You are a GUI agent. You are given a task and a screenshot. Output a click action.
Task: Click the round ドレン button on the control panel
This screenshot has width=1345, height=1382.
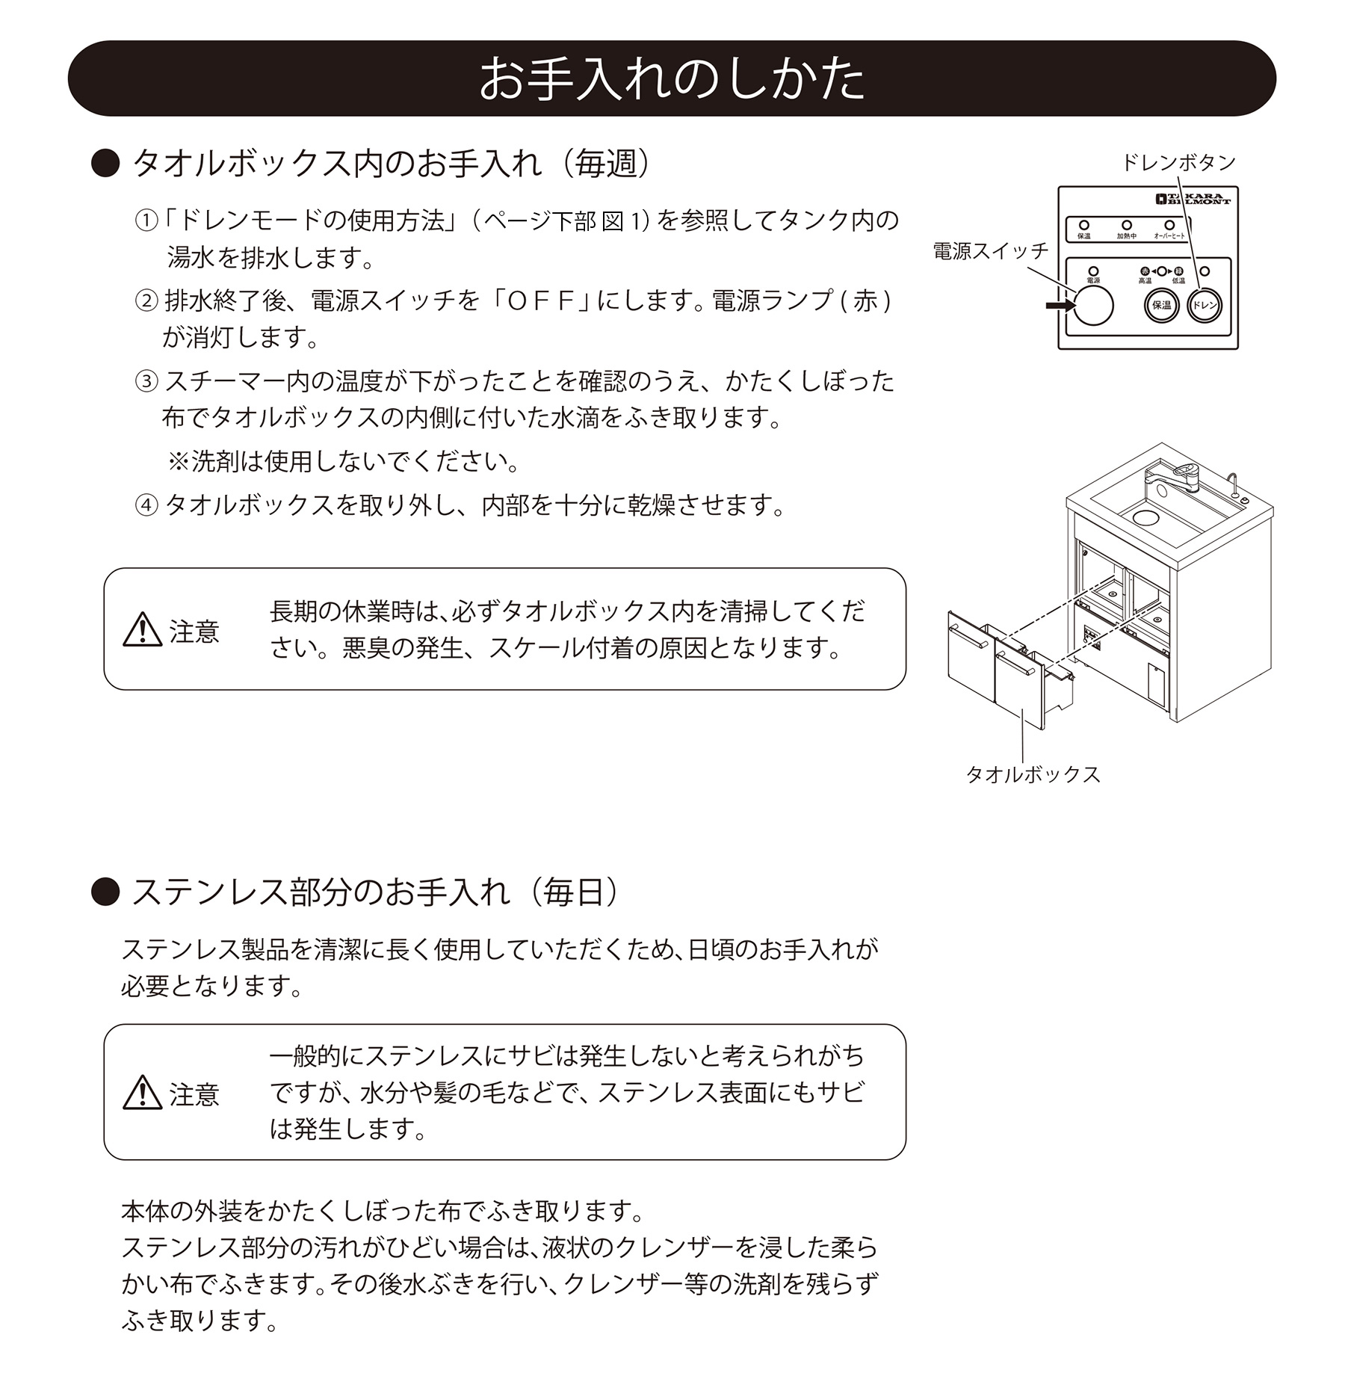pos(1204,305)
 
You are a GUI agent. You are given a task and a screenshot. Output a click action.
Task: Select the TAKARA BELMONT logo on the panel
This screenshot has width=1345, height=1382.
pos(1192,200)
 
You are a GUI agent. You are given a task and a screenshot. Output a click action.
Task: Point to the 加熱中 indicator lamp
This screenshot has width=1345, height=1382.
pos(1127,225)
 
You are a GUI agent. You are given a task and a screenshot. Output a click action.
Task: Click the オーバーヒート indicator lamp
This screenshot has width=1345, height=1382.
pos(1169,225)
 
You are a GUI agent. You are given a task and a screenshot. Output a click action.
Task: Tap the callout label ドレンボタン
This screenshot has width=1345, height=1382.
pos(1178,162)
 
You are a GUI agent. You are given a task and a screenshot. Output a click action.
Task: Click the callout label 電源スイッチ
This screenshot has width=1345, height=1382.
pos(990,251)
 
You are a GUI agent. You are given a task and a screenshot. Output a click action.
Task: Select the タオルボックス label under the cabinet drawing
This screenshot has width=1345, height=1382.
pos(1033,774)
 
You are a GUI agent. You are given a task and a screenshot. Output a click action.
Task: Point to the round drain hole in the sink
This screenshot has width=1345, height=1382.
pos(1145,516)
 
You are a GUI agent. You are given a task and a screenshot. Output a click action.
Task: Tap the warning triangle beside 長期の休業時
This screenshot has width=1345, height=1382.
pos(142,630)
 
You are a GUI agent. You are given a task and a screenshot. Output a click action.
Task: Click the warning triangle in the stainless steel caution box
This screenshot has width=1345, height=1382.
pos(142,1093)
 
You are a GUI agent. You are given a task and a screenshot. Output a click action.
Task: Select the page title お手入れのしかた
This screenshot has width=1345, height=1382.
pos(671,78)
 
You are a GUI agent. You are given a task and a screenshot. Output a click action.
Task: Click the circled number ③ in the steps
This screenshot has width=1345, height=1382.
pos(146,381)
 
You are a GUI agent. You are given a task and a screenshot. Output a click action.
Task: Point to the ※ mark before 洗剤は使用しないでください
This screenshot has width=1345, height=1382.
pos(178,461)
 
